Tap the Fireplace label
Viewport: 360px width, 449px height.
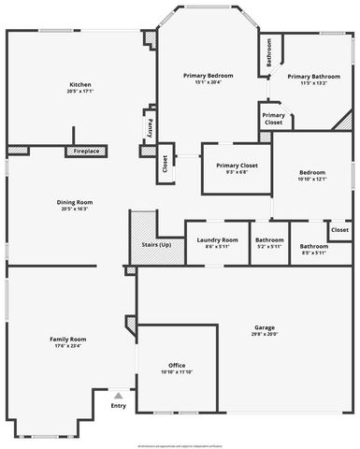[x=87, y=151]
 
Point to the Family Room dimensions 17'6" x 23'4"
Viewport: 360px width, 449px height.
[x=67, y=345]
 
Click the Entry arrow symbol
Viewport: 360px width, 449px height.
[x=118, y=395]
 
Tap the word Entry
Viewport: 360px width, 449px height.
[x=118, y=405]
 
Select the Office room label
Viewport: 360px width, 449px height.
[x=177, y=365]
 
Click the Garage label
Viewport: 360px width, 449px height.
[x=265, y=327]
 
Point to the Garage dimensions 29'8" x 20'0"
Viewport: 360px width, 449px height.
[x=265, y=334]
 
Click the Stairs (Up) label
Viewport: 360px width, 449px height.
[x=157, y=244]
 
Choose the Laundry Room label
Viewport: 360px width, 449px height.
[x=217, y=239]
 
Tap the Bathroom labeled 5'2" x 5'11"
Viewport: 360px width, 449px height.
[x=270, y=239]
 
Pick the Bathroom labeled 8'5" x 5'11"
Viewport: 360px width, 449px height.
[x=313, y=239]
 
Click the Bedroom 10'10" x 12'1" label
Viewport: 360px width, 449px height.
[x=312, y=172]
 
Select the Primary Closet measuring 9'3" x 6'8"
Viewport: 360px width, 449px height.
[x=237, y=166]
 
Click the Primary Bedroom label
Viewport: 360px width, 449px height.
[x=208, y=75]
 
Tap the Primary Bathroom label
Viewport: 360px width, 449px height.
[x=313, y=77]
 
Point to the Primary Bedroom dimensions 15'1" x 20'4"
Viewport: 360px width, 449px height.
[x=208, y=82]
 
